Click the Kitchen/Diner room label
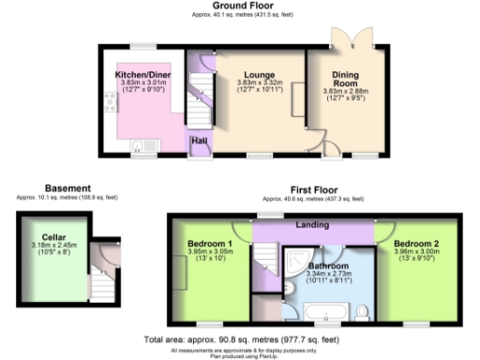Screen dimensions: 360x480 (x=142, y=73)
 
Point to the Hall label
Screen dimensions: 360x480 (x=199, y=142)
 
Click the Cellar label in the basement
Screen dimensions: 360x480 (x=53, y=237)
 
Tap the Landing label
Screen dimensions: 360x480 (x=312, y=224)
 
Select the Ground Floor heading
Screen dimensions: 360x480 (x=240, y=7)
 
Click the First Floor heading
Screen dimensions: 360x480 (x=312, y=189)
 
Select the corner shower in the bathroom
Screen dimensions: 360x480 (x=299, y=258)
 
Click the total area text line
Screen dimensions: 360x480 (x=239, y=338)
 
